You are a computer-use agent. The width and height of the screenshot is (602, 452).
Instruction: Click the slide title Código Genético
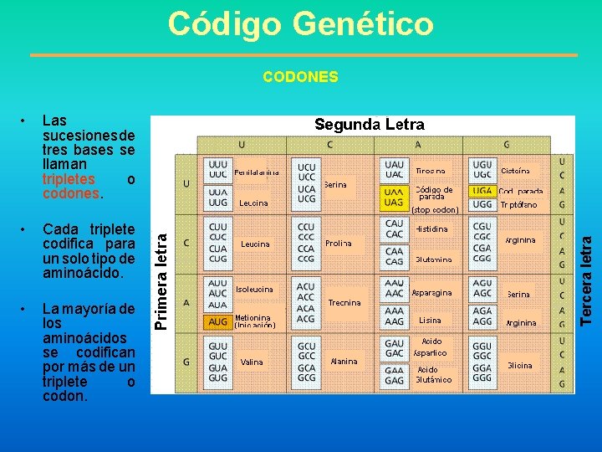click(301, 23)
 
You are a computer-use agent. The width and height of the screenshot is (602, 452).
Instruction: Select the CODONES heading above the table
click(300, 77)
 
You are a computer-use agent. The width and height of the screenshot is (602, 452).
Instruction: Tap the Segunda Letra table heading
click(369, 125)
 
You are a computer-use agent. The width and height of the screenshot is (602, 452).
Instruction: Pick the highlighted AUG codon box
click(218, 321)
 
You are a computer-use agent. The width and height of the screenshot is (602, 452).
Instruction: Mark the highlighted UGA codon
click(482, 191)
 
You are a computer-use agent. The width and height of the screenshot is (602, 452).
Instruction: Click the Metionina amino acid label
click(253, 318)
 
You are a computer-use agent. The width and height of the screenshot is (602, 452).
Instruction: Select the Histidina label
click(431, 229)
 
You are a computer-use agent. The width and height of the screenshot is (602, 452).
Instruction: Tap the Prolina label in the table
click(339, 244)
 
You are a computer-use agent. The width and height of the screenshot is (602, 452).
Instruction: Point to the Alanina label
click(344, 362)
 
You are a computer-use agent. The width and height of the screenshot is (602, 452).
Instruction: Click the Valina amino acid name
click(251, 362)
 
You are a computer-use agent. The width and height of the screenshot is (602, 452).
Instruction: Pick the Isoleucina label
click(254, 289)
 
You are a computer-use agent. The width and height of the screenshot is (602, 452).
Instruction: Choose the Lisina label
click(430, 321)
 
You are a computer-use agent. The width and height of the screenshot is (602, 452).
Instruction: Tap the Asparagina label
click(431, 293)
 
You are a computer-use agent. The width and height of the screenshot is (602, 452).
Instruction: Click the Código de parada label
click(434, 193)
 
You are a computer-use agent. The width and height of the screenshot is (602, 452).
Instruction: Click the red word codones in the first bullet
click(70, 193)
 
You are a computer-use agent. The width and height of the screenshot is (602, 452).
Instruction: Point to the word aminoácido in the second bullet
click(74, 273)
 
